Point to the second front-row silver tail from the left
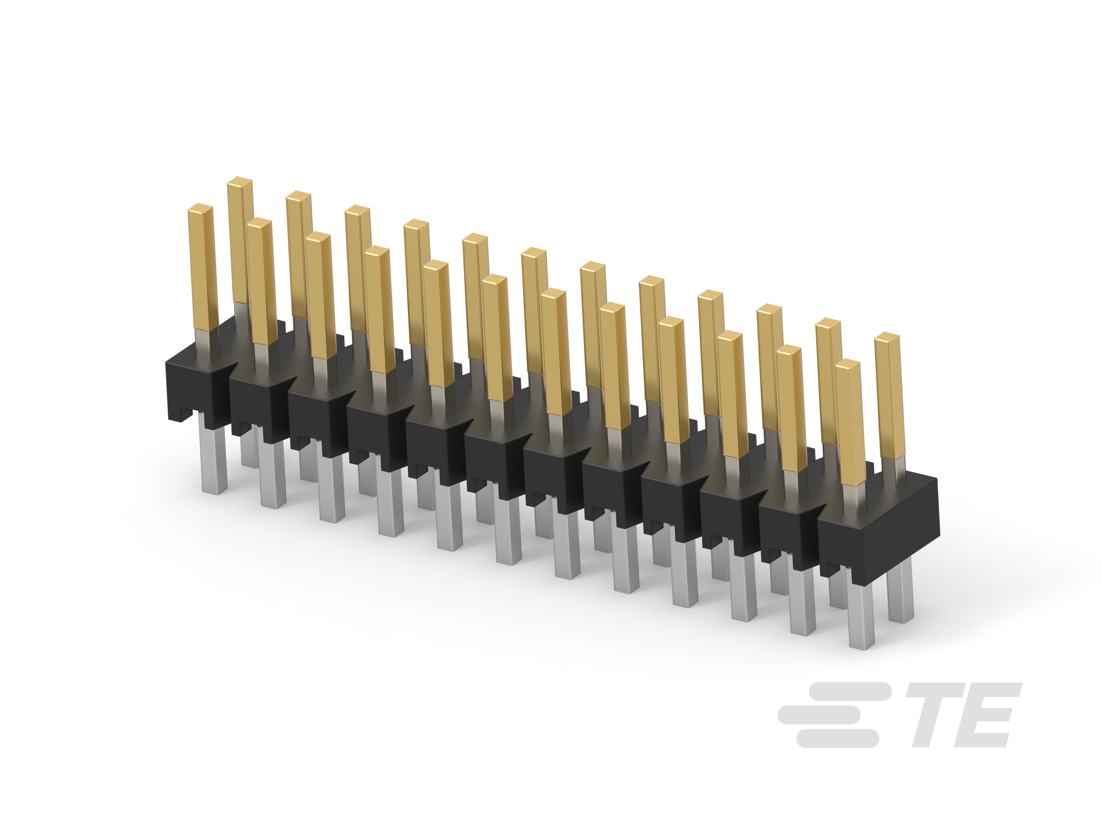tap(272, 474)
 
